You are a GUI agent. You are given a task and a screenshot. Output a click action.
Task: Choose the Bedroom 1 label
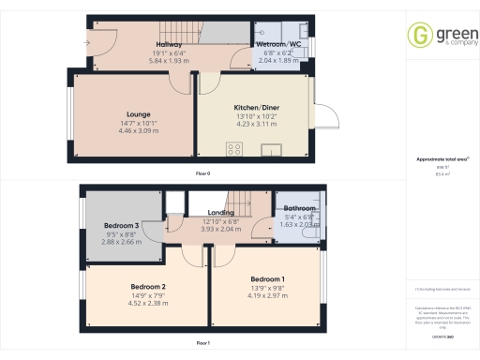(267, 279)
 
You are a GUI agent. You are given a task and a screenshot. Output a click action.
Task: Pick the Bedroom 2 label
(148, 286)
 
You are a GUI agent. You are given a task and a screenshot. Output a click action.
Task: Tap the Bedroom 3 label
(123, 226)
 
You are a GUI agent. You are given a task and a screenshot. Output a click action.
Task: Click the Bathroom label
(299, 208)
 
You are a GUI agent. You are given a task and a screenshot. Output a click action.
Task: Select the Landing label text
(220, 213)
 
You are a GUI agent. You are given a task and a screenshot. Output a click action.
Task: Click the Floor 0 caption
(202, 175)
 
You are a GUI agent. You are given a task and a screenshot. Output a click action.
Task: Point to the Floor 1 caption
(202, 343)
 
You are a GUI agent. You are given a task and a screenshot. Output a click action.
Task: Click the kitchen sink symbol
(275, 148)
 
